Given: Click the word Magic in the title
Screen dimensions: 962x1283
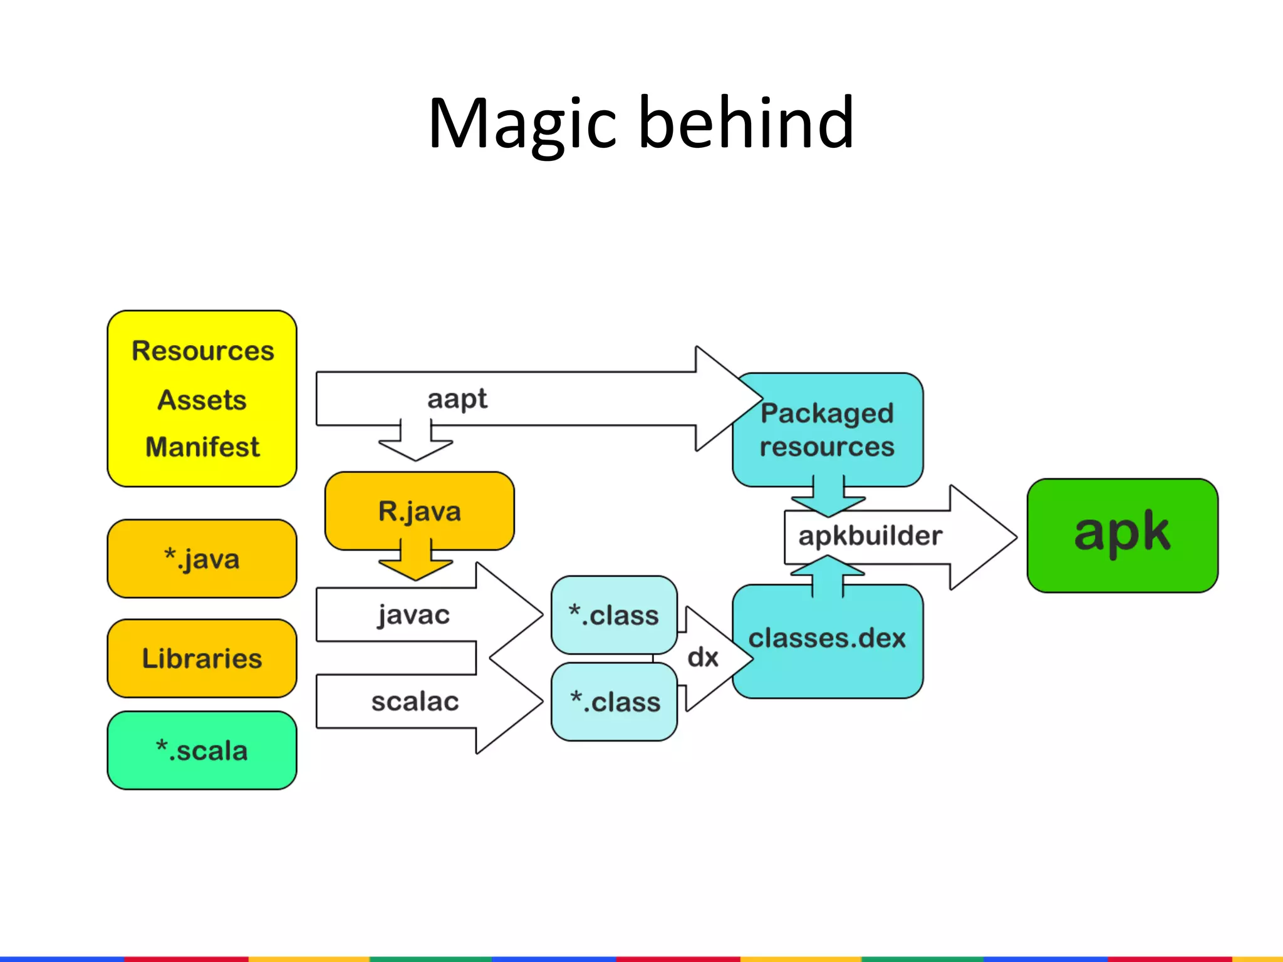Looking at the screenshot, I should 522,123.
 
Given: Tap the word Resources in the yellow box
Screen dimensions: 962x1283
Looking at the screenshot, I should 203,351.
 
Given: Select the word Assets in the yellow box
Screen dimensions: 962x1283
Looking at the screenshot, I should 202,400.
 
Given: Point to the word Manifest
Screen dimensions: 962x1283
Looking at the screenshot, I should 202,447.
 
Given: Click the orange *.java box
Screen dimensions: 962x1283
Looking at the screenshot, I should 202,559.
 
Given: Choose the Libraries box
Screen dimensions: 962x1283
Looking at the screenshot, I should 202,658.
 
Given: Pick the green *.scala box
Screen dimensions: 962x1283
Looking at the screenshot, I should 202,750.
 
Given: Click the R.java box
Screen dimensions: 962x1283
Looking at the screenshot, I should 419,511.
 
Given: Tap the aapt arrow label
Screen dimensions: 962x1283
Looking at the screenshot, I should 457,399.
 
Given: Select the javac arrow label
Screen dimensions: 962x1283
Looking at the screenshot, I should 413,614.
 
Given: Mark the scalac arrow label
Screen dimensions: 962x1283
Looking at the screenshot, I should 415,701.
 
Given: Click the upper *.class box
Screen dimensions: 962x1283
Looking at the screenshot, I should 614,615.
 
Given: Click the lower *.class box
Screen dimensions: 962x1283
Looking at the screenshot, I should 615,702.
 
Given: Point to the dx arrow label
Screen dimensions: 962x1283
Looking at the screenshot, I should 703,658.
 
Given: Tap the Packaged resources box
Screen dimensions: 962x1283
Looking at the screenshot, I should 827,430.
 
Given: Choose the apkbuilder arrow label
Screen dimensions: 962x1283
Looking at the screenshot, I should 870,536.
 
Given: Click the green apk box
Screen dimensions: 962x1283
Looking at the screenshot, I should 1122,535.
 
